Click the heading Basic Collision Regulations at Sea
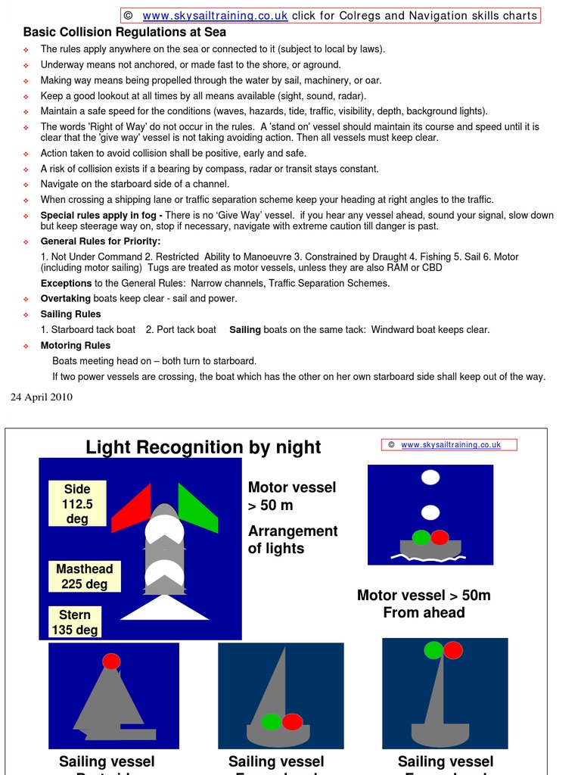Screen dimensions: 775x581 coord(125,32)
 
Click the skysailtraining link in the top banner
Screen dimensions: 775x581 coord(215,16)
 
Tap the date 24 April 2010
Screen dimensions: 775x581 coord(42,397)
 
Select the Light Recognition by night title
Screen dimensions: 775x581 coord(204,447)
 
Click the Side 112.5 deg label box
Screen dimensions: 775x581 coord(77,504)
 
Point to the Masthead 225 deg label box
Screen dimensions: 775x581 coord(85,576)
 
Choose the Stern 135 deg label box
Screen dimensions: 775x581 coord(75,622)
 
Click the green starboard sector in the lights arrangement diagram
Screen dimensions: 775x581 coord(197,508)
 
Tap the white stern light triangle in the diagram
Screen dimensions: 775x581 coord(164,608)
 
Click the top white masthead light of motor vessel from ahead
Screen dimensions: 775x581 coord(430,477)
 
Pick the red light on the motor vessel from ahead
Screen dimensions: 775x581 coord(440,537)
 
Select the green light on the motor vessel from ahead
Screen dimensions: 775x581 coord(421,537)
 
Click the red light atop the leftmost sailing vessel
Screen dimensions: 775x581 coord(111,661)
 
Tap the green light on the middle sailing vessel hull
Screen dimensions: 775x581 coord(271,722)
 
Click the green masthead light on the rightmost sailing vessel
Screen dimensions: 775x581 coord(433,650)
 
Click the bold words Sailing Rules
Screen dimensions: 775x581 coord(70,314)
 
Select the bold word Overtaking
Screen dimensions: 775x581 coord(65,298)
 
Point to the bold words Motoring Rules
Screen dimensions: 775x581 coord(75,345)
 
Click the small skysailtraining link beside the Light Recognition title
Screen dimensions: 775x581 coord(451,445)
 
